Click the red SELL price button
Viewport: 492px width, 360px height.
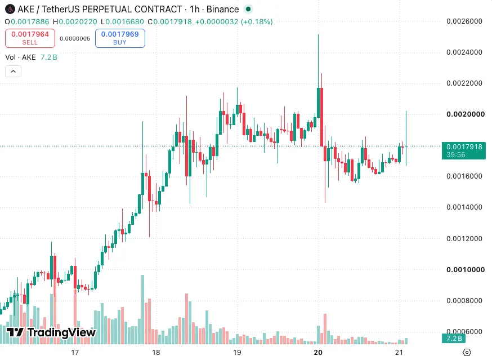[30, 38]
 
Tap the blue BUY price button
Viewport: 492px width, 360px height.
[120, 38]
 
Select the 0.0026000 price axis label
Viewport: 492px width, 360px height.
[464, 21]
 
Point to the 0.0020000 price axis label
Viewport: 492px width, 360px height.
[466, 114]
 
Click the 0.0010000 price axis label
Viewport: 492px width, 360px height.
[466, 270]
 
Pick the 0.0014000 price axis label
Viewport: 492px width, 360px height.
[464, 207]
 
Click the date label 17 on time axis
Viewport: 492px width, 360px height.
[75, 353]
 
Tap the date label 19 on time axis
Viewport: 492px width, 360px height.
[237, 353]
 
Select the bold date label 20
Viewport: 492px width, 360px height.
[318, 353]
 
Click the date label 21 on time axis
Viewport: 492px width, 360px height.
[399, 353]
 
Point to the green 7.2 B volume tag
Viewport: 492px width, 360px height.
[454, 339]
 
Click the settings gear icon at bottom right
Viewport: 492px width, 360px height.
[467, 353]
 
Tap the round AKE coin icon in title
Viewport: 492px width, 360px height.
[10, 9]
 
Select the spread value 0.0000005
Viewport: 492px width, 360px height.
[75, 39]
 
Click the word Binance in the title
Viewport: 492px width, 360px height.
[223, 10]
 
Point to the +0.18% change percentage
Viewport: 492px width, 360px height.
[257, 22]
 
